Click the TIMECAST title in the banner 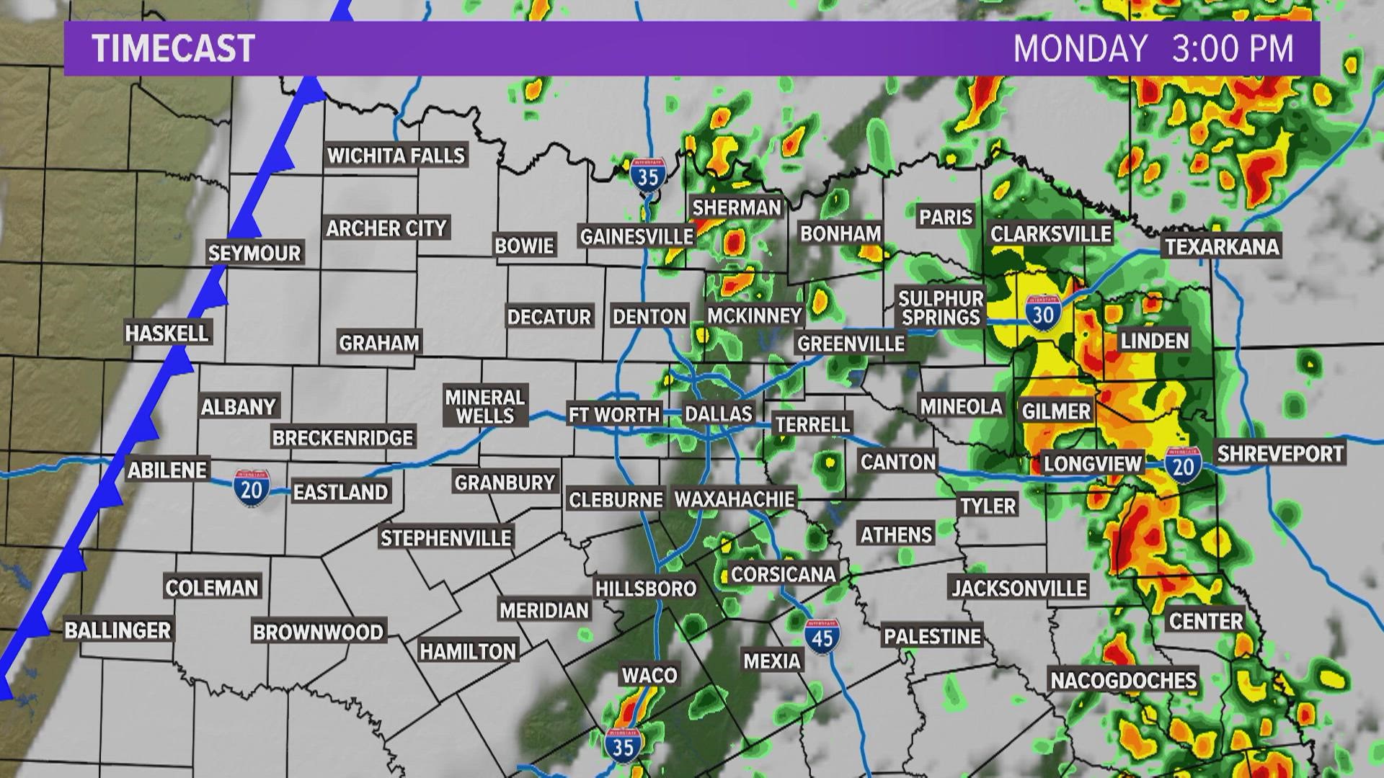(174, 48)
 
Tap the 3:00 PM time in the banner (1233, 48)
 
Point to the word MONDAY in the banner (1080, 48)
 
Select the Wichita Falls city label (396, 156)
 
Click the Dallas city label (718, 413)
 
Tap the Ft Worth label (614, 414)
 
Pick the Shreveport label (1280, 453)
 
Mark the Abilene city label (167, 470)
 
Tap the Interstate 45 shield (822, 635)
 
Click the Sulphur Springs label (941, 308)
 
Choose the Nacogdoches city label (1123, 680)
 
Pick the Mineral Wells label (485, 406)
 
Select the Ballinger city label (118, 630)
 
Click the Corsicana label (784, 574)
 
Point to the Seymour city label (254, 254)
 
